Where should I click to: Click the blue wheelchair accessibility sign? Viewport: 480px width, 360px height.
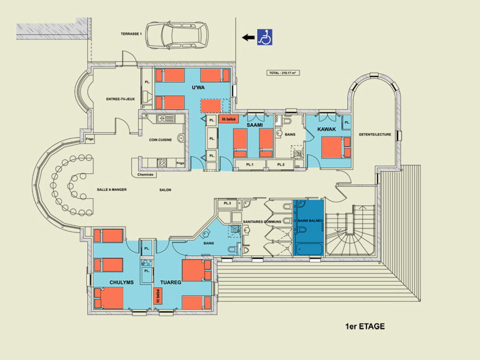tap(265, 37)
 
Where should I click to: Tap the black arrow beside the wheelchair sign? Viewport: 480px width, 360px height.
tap(248, 37)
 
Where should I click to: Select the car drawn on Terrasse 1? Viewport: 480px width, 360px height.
tap(177, 35)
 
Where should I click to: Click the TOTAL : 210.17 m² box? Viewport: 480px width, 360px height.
tap(283, 73)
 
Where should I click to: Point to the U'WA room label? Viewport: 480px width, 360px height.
tap(198, 88)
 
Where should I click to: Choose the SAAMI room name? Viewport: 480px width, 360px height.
tap(254, 125)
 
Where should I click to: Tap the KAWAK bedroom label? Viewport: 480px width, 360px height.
tap(326, 129)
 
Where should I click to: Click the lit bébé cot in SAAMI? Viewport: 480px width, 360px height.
tap(228, 119)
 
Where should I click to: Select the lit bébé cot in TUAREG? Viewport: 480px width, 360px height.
tap(158, 296)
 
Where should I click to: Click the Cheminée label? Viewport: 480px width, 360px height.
tap(145, 174)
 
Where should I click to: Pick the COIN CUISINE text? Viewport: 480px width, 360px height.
tap(160, 140)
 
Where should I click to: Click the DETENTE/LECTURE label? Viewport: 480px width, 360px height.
tap(375, 135)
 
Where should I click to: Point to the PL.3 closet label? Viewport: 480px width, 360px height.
tap(227, 203)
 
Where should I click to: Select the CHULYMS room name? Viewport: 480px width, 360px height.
tap(122, 282)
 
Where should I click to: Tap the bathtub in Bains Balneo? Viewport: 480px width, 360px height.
tap(308, 249)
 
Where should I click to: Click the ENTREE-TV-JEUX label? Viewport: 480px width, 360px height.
tap(120, 99)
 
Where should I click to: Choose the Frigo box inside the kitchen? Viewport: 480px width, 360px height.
tap(180, 163)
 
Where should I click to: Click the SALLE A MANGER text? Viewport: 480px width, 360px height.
tap(112, 190)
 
